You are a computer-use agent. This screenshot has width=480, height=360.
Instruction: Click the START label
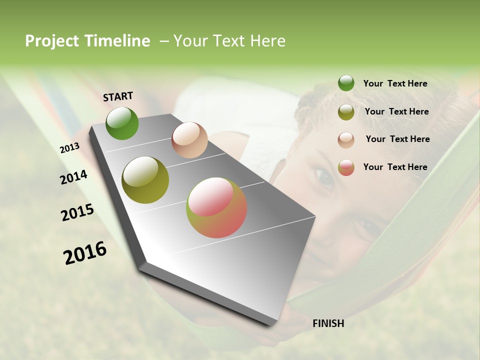[x=118, y=96]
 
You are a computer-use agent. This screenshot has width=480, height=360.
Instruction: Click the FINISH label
[x=328, y=323]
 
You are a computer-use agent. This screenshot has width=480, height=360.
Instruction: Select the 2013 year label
[x=69, y=148]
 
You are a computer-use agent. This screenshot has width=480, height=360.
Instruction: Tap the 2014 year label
[x=73, y=177]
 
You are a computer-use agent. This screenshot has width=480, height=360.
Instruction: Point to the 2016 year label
[x=85, y=253]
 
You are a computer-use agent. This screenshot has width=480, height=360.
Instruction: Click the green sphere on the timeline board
[x=122, y=123]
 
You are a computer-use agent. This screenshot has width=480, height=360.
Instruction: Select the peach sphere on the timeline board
[x=189, y=140]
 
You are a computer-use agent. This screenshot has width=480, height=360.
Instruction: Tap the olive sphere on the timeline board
[x=145, y=180]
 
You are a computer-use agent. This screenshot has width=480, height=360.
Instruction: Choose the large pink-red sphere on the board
[x=216, y=207]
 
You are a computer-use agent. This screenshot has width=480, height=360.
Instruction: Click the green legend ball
[x=346, y=83]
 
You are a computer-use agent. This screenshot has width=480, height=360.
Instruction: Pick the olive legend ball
[x=346, y=112]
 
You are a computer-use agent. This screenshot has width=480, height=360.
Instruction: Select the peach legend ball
[x=346, y=140]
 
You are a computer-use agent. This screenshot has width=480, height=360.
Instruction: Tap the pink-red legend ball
[x=346, y=167]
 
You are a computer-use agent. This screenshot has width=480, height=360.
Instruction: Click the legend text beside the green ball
[x=395, y=83]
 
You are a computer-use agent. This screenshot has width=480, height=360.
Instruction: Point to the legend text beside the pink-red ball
[x=395, y=167]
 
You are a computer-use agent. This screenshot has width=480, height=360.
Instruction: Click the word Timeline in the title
[x=117, y=41]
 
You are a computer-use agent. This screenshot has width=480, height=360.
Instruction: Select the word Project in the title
[x=52, y=41]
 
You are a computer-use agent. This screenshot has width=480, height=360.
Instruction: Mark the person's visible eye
[x=324, y=177]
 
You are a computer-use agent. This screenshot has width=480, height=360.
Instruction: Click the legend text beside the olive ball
[x=396, y=111]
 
